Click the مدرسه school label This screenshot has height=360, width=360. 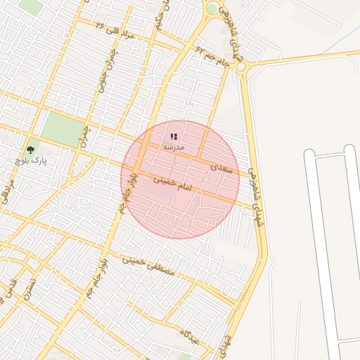173,148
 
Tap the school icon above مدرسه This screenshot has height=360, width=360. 174,136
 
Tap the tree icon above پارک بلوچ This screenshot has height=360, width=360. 30,150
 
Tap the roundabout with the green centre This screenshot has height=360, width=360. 212,9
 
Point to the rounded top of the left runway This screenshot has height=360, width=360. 310,154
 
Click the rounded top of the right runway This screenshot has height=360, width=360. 349,149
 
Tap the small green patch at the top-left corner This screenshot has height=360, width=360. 30,6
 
